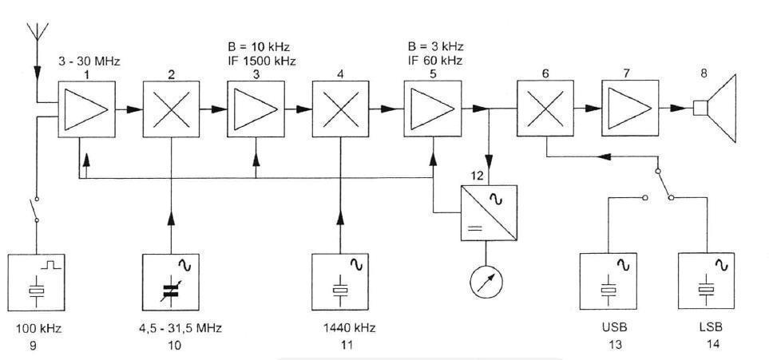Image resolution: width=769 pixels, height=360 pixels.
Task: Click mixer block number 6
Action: tap(545, 109)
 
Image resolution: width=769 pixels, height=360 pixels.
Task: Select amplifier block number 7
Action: tap(630, 109)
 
